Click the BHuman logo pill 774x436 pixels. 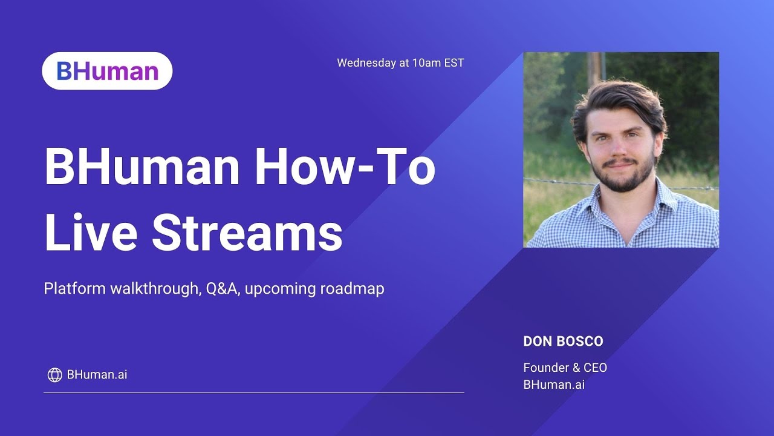[107, 71]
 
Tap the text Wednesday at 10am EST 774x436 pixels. [400, 62]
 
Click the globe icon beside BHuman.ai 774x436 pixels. [54, 375]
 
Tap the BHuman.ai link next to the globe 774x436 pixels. [97, 375]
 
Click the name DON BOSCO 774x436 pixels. [563, 342]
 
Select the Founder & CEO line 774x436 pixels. [565, 368]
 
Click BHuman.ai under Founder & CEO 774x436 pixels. [554, 385]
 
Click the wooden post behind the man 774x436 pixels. [595, 67]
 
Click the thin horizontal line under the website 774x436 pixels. [254, 392]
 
